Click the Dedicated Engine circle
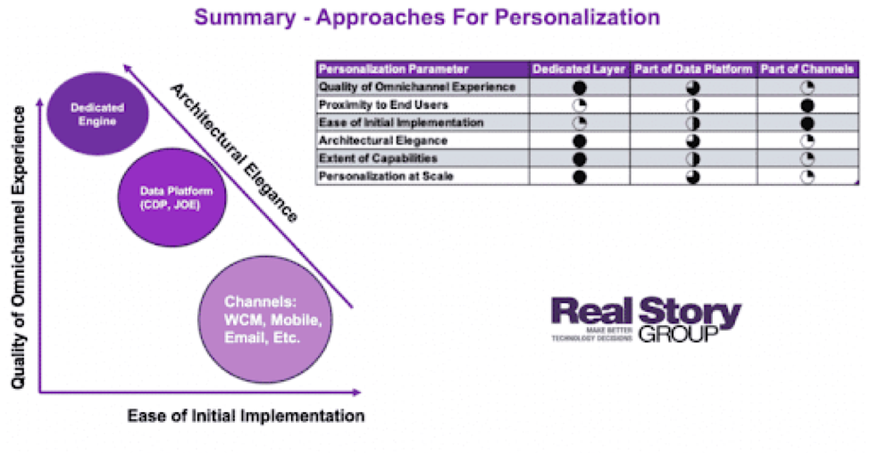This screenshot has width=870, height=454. coord(97,113)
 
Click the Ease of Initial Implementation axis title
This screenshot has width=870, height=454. coord(246,416)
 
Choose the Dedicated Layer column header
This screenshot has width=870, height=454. coord(579,69)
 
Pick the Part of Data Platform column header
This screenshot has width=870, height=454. coord(693,69)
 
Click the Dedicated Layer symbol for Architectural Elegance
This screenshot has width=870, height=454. coord(579,140)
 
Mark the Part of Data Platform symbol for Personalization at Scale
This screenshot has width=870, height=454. coord(693,176)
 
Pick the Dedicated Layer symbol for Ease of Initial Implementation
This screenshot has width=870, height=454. coord(579,122)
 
